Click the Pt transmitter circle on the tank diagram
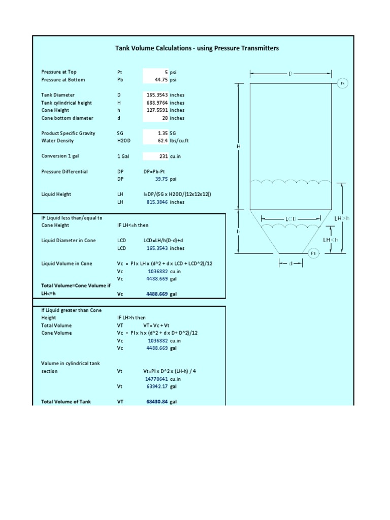[x=342, y=83]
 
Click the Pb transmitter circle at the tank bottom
[x=314, y=252]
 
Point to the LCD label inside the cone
[x=290, y=219]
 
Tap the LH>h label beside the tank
[x=342, y=218]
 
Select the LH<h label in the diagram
[x=332, y=239]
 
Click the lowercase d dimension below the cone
[x=291, y=263]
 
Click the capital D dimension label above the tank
[x=290, y=74]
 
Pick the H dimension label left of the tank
[x=238, y=146]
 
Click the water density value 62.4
[x=162, y=141]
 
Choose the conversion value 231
[x=164, y=156]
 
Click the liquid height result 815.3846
[x=157, y=202]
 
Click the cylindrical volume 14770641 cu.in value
[x=157, y=379]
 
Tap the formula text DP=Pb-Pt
[x=156, y=172]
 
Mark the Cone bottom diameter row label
[x=67, y=118]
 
